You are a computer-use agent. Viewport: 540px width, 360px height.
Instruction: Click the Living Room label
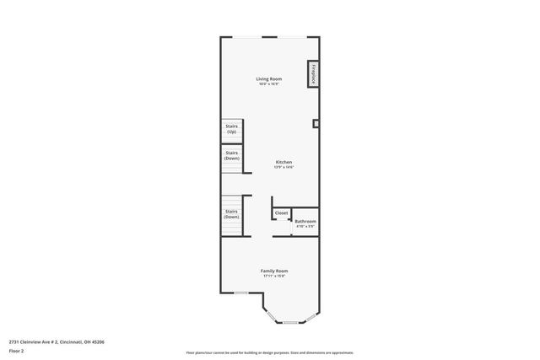pos(269,79)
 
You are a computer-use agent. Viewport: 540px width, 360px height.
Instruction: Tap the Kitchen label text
pos(283,162)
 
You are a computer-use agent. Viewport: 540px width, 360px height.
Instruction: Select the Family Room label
pos(274,271)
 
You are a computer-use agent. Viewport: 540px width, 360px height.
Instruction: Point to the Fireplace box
pos(313,73)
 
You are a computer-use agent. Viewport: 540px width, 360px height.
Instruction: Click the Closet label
pos(281,213)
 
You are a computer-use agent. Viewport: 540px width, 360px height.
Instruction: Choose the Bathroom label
pos(305,221)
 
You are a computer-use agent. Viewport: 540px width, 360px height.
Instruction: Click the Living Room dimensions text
pos(269,84)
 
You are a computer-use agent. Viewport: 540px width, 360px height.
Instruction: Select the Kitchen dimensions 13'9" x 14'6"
pos(283,167)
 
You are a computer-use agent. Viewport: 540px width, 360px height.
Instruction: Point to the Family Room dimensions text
pos(274,276)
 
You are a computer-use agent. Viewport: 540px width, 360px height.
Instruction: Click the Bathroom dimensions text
pos(305,226)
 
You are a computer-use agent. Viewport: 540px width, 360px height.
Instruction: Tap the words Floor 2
pos(17,350)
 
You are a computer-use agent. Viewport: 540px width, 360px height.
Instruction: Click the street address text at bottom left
pos(57,341)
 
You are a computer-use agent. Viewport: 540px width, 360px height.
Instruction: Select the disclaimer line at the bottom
pos(269,352)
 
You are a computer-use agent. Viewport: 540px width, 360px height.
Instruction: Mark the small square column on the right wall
pos(316,124)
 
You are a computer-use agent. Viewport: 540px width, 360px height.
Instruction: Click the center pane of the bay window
pos(290,322)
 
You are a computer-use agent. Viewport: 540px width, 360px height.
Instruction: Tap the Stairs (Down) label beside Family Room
pos(231,214)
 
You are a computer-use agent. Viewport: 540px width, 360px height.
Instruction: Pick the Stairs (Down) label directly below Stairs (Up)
pos(231,156)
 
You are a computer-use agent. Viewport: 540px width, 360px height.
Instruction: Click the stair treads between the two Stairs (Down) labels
pos(231,185)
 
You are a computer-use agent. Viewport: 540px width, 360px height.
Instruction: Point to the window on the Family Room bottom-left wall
pos(241,293)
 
